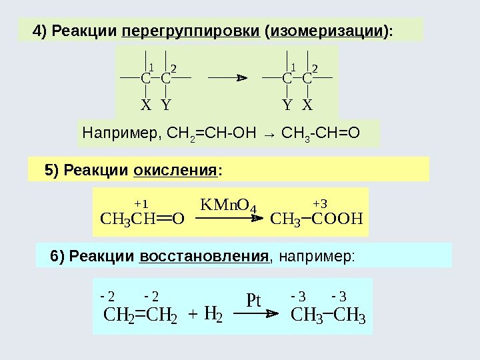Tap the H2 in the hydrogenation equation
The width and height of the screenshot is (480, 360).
click(213, 312)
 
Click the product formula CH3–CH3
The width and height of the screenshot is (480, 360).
click(329, 313)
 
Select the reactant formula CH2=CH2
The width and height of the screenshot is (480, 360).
click(141, 313)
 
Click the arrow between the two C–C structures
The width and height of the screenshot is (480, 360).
click(227, 78)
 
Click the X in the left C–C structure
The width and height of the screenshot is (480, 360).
click(145, 105)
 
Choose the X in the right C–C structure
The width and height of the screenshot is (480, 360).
click(307, 105)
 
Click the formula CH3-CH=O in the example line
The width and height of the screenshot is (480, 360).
click(321, 133)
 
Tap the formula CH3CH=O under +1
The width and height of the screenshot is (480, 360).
click(142, 219)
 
